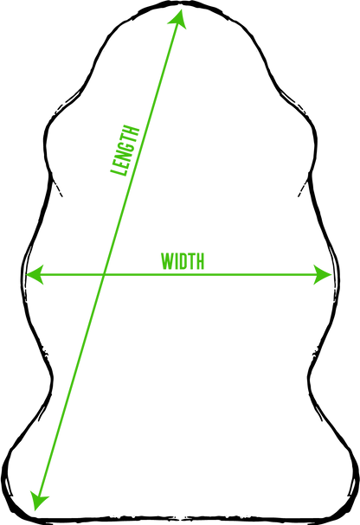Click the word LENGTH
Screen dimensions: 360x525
tap(125, 150)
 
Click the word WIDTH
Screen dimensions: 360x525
tap(183, 261)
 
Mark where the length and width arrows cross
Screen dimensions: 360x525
tap(104, 275)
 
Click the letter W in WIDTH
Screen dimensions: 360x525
tap(167, 261)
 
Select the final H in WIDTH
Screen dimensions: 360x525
tap(200, 261)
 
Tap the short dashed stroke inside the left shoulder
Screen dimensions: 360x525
tap(56, 186)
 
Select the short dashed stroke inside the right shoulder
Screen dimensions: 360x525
tap(303, 186)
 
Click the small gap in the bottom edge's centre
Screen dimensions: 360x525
tap(181, 519)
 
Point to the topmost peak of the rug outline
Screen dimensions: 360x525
tap(181, 2)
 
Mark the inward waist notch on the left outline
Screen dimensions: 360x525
tap(53, 378)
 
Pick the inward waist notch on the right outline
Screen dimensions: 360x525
tap(308, 378)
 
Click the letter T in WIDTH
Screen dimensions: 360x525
tap(191, 261)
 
